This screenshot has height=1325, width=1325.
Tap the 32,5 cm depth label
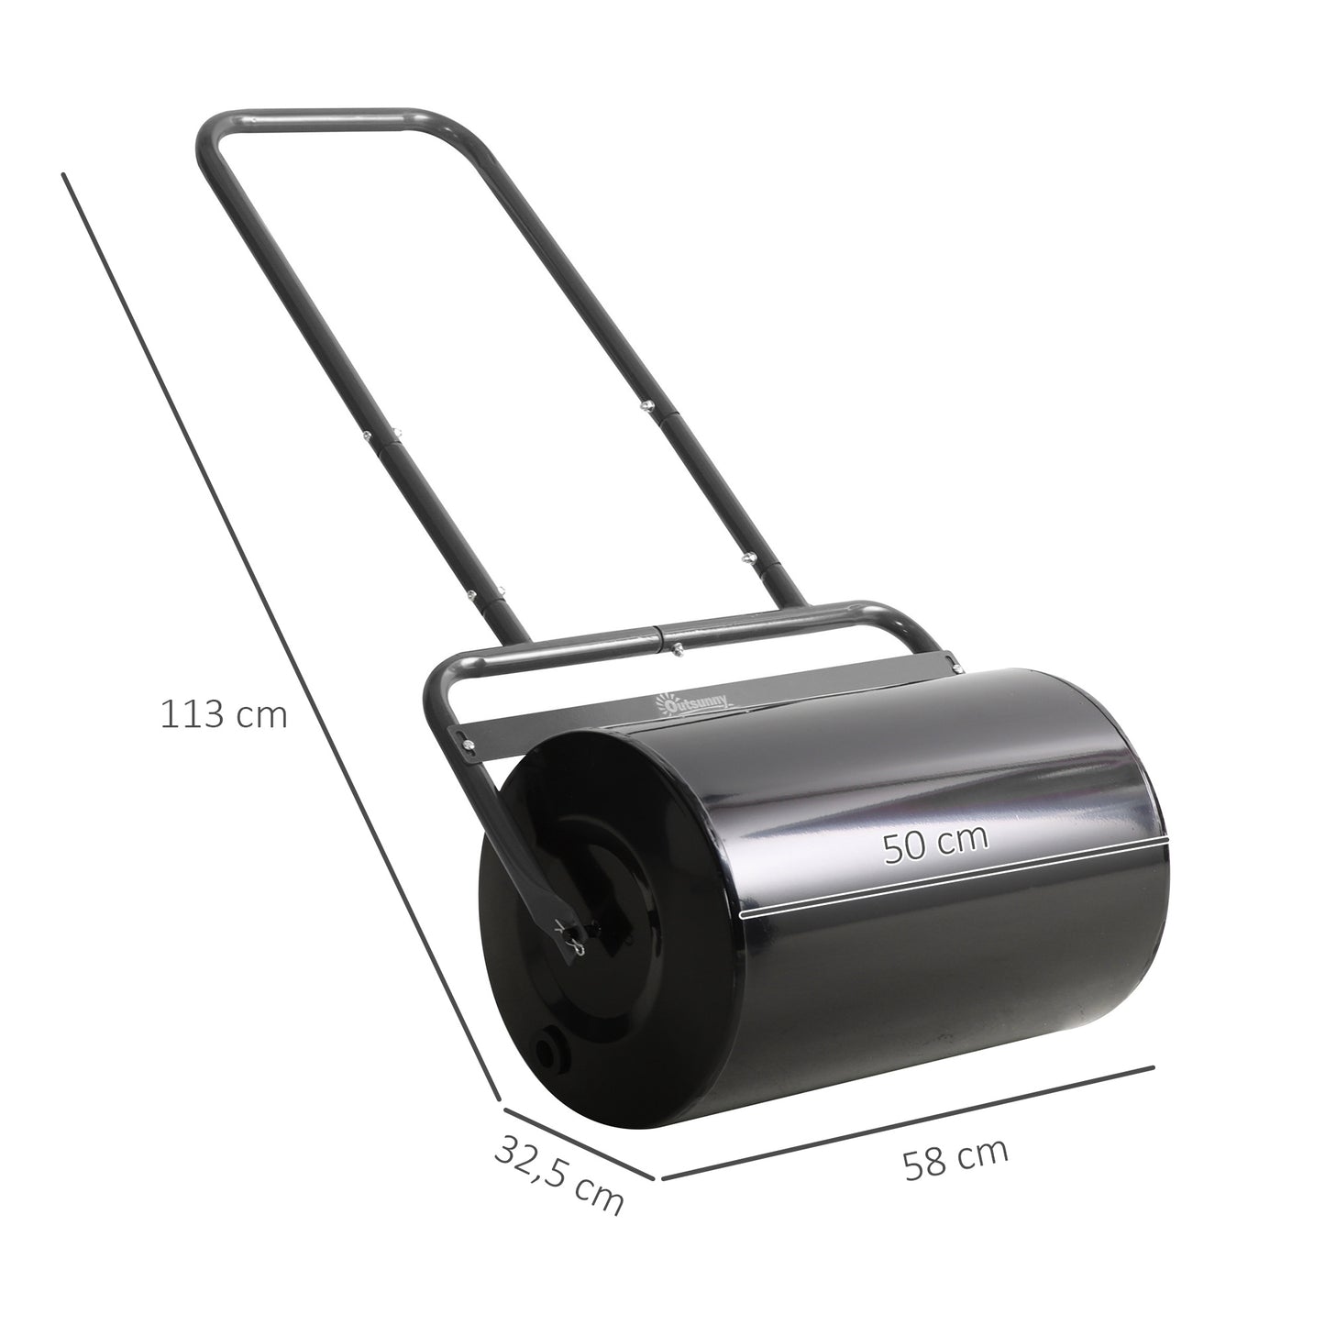(x=558, y=1174)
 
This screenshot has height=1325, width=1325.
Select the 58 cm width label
(x=955, y=1158)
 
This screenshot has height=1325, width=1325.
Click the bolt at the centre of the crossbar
(x=676, y=648)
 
